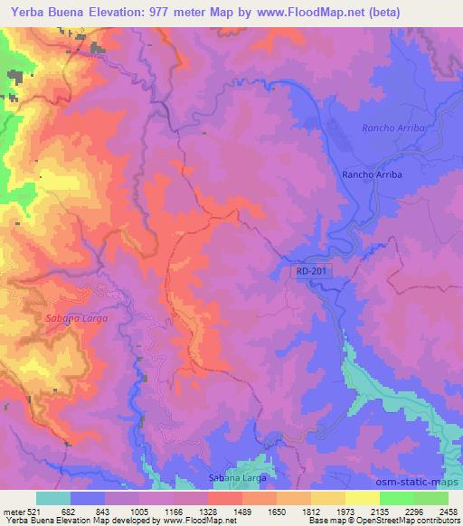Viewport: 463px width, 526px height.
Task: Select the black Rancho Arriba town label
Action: (x=371, y=174)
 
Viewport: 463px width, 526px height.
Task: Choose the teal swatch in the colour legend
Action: (x=53, y=498)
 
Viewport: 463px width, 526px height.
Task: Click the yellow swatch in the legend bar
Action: (x=362, y=498)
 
